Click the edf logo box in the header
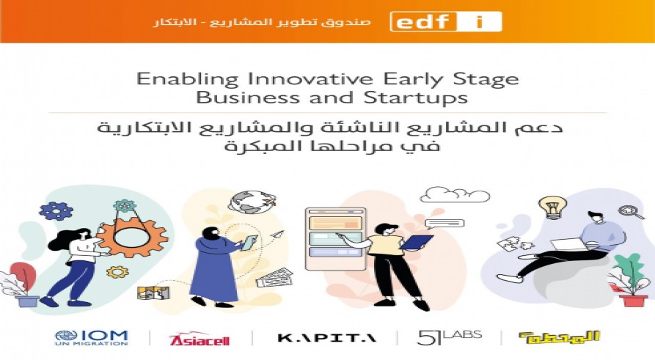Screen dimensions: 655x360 (x=446, y=22)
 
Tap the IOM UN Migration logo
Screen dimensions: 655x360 (x=91, y=338)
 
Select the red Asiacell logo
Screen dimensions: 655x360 (x=200, y=339)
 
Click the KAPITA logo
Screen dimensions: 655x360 (x=326, y=337)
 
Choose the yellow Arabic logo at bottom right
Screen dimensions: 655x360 (x=560, y=337)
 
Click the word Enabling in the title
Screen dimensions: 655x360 (x=187, y=79)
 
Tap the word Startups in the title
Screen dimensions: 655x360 (x=415, y=98)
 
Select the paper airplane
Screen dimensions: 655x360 (x=277, y=235)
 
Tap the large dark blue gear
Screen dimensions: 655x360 (x=55, y=211)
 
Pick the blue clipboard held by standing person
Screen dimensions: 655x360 (x=416, y=242)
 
